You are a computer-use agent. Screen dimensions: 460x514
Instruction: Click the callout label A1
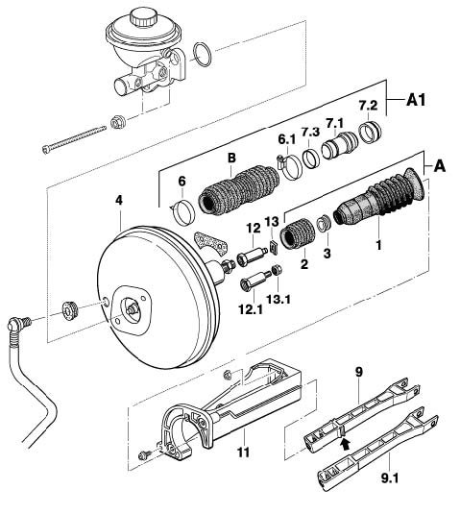click(416, 100)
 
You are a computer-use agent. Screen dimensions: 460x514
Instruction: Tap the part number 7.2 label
click(368, 106)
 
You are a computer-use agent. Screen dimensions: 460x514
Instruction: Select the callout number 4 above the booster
click(119, 200)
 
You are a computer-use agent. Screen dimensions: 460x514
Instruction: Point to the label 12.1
click(251, 308)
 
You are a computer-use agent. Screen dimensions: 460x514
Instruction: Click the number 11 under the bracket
click(243, 453)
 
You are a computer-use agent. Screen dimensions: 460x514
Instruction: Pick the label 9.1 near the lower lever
click(390, 478)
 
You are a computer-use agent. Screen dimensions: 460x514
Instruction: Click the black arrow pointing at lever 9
click(345, 444)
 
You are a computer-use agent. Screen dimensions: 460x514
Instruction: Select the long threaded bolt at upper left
click(74, 138)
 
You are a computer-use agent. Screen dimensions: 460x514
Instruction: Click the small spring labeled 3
click(324, 223)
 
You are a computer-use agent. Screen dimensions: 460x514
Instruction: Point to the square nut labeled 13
click(273, 247)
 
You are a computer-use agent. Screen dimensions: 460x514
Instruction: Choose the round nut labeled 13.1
click(278, 269)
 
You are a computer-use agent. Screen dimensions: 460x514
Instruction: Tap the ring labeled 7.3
click(311, 158)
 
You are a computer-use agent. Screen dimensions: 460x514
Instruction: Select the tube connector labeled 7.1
click(339, 146)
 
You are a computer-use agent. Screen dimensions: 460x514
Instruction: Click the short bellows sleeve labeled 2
click(298, 233)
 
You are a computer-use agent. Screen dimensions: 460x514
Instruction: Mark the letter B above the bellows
click(231, 158)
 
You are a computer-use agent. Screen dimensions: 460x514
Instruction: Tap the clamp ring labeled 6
click(183, 212)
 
